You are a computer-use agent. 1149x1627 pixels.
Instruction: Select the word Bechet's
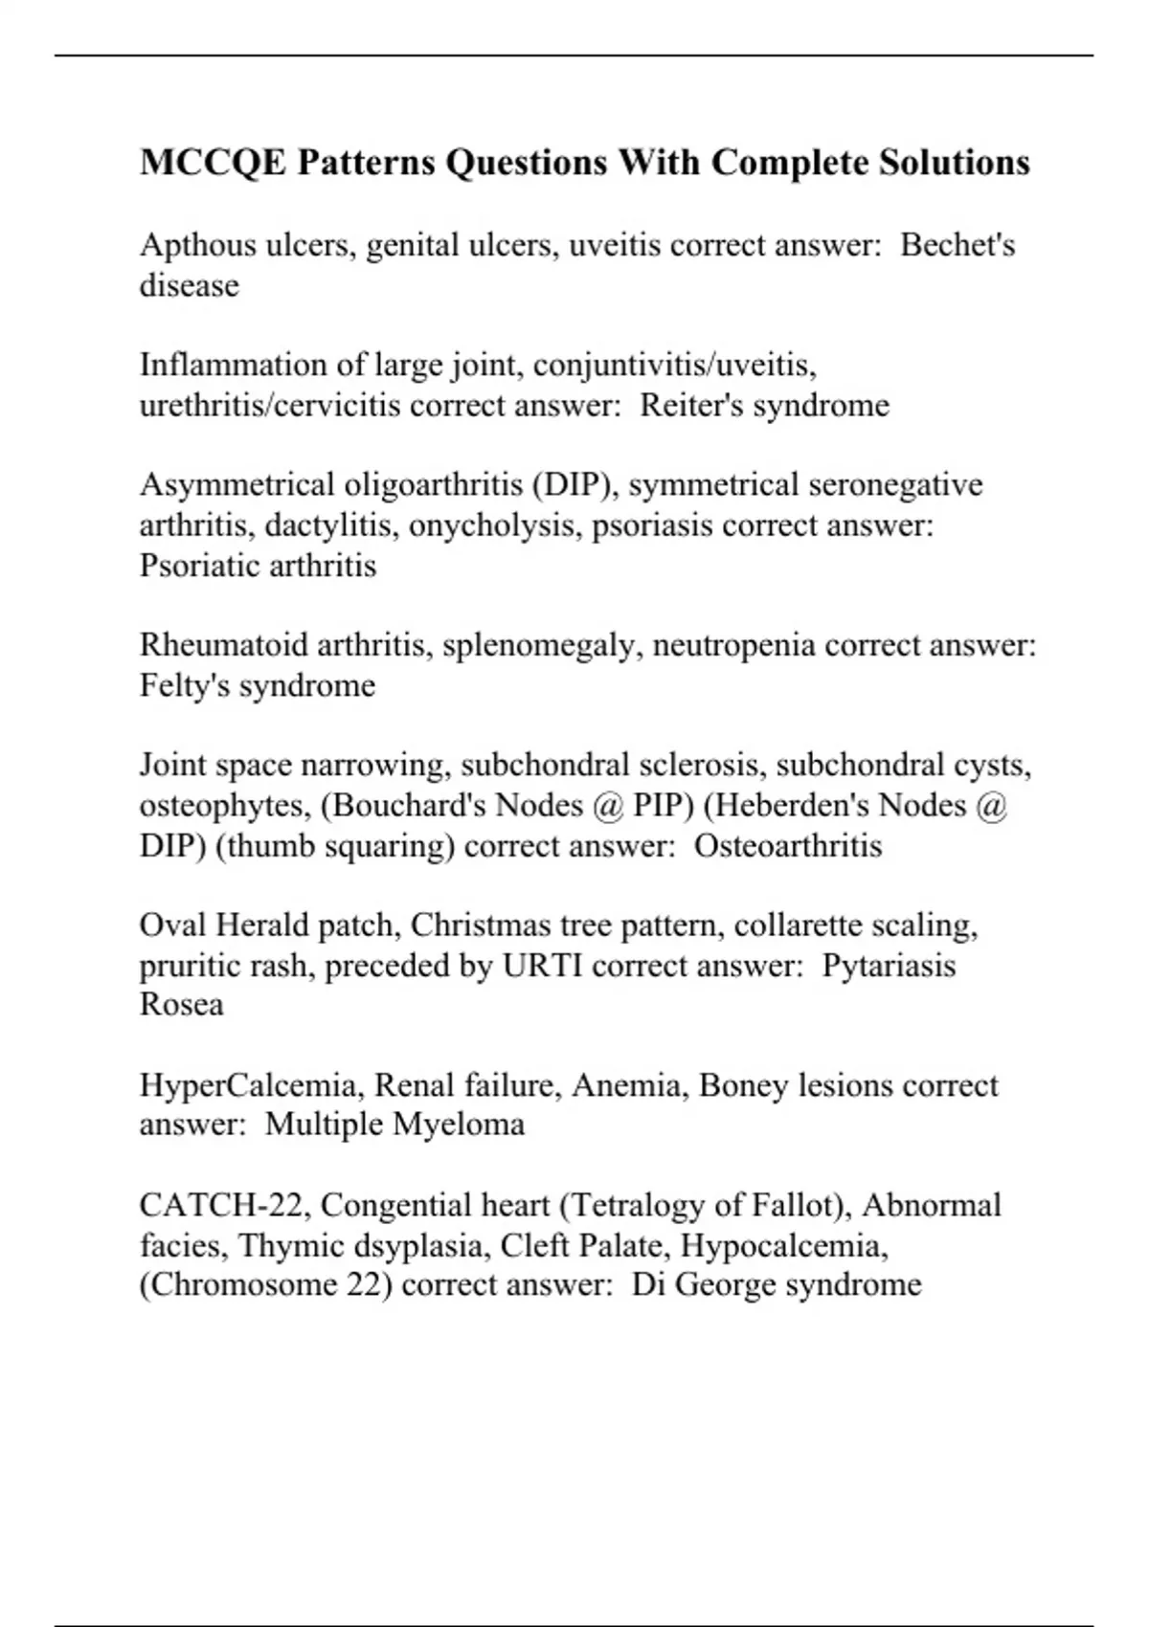957,245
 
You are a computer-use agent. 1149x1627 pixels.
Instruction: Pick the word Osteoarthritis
787,846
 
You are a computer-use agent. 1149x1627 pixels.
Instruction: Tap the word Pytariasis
889,966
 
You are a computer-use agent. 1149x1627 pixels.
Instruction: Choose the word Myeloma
459,1124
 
